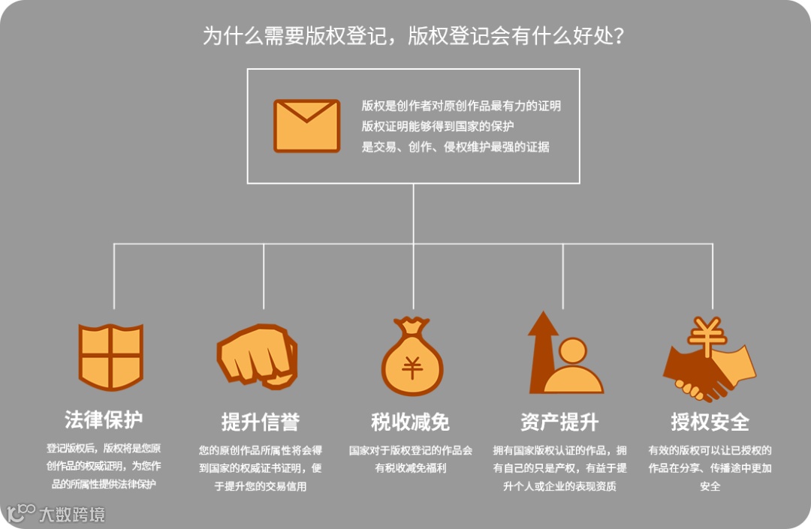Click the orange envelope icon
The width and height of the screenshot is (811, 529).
point(306,125)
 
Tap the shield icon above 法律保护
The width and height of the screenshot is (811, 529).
point(111,357)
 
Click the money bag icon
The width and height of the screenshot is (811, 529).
point(412,359)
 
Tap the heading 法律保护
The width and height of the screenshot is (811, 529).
point(104,419)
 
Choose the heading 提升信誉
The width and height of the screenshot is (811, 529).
point(261,422)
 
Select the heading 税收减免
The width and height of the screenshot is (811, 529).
point(411,422)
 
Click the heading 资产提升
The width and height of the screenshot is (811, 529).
point(559,422)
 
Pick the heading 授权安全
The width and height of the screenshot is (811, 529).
point(710,422)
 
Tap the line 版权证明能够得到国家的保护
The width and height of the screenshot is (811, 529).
point(438,126)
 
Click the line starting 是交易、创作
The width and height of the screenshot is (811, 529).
point(455,147)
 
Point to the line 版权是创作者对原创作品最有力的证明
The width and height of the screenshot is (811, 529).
point(461,106)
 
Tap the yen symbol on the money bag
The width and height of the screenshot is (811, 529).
point(412,368)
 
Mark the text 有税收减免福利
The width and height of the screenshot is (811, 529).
point(411,469)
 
